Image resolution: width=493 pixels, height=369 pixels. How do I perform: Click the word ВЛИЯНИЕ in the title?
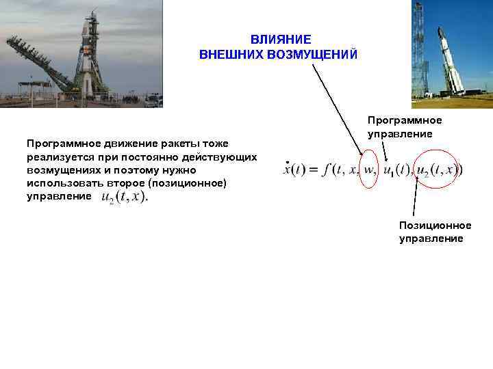[280, 40]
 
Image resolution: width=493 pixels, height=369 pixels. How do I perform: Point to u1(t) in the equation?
[398, 169]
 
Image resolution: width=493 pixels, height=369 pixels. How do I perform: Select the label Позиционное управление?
[435, 232]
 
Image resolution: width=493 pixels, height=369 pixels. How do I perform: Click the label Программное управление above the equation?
[405, 127]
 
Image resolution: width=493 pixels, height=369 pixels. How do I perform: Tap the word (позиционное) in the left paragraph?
[194, 183]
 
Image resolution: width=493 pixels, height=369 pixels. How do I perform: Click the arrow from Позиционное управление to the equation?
[416, 198]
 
